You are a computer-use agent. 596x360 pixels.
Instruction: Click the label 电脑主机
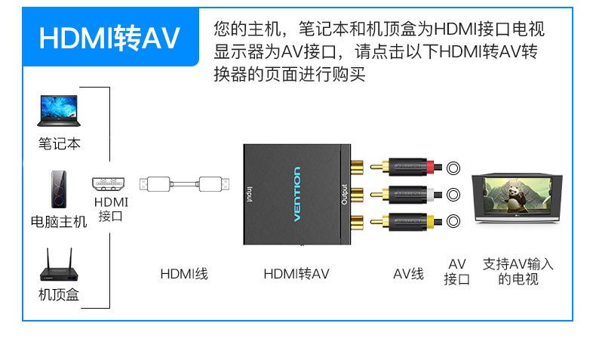point(59,222)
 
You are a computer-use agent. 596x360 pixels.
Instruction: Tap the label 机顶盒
point(59,294)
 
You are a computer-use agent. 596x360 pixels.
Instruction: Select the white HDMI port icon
point(111,183)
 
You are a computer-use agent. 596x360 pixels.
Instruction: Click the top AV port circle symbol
point(454,168)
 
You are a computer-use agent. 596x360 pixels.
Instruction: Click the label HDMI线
point(184,273)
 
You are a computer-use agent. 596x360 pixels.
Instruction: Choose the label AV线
point(408,273)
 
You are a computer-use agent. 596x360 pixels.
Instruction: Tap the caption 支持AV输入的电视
point(518,272)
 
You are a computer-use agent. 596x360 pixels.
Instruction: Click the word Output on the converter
point(344,195)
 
